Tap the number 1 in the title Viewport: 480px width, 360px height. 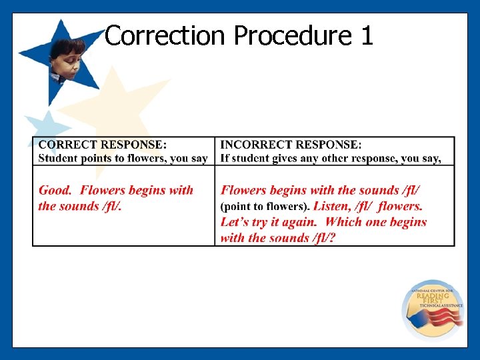(367, 36)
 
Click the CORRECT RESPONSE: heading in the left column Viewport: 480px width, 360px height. (103, 145)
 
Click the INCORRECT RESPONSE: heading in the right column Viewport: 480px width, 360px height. (291, 145)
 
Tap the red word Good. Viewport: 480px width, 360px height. (55, 191)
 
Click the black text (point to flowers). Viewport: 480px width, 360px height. (265, 207)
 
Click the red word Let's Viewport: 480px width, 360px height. (237, 222)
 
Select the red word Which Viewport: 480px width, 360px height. (343, 222)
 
